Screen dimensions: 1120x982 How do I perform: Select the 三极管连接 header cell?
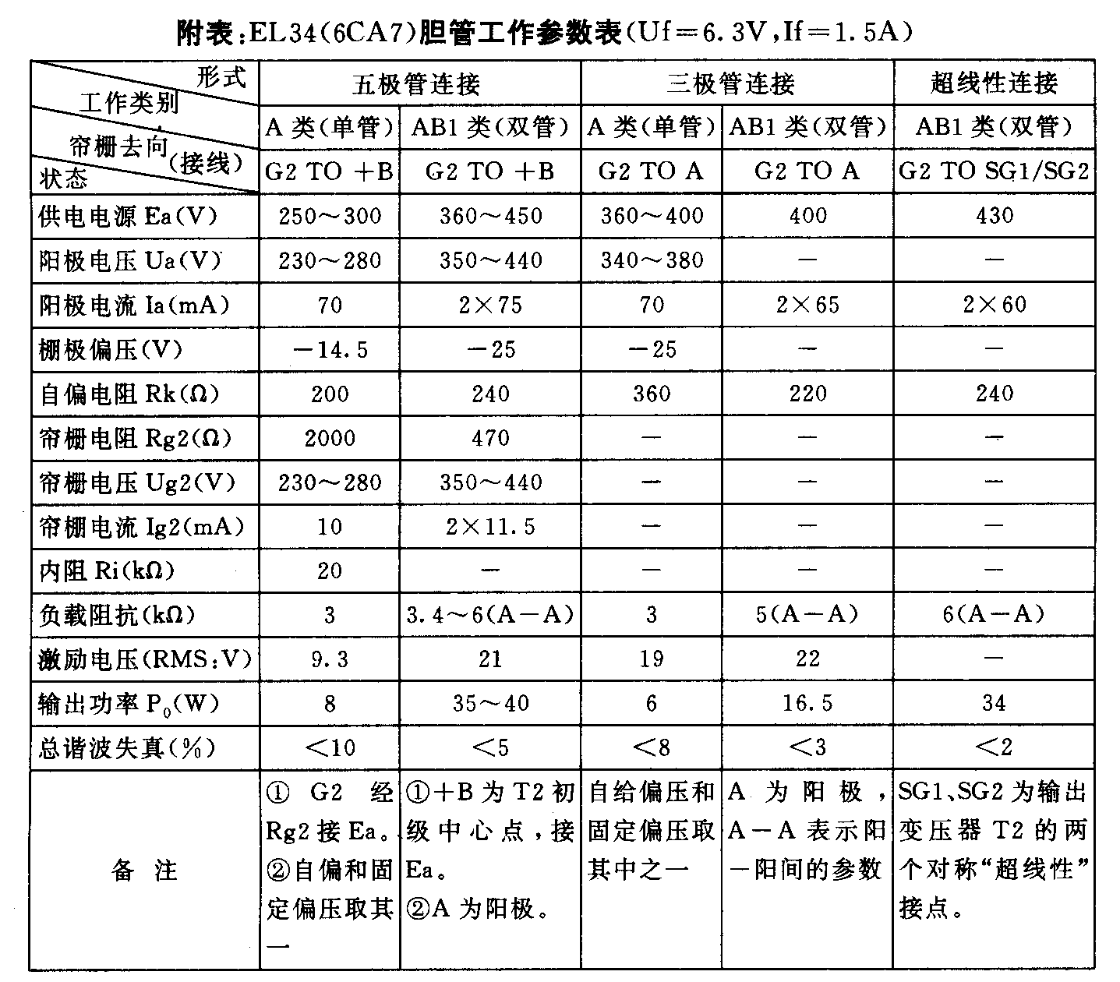tap(730, 83)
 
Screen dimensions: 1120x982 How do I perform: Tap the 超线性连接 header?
tap(994, 83)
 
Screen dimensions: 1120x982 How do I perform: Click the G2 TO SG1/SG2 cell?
tap(994, 171)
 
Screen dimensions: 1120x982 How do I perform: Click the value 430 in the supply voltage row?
tap(994, 216)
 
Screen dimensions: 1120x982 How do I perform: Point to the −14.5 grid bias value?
tap(330, 349)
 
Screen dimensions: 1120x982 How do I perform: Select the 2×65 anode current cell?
tap(807, 305)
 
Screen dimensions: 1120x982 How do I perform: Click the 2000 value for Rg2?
tap(330, 438)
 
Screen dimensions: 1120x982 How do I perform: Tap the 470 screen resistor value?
tap(490, 438)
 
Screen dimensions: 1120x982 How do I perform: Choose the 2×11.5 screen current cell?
tap(490, 528)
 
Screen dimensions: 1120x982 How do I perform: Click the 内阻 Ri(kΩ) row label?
tap(107, 571)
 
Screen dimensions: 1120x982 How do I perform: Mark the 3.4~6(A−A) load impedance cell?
tap(490, 616)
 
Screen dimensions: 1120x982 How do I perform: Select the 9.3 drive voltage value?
tap(330, 660)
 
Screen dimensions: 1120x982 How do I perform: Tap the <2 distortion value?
tap(994, 748)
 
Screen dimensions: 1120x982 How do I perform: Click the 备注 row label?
tap(144, 871)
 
